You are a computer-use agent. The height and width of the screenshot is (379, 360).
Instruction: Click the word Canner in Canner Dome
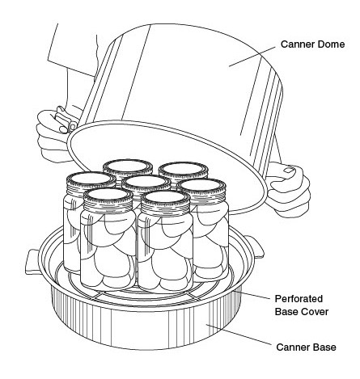tap(297, 44)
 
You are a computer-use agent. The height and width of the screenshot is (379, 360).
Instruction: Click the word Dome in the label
tap(331, 44)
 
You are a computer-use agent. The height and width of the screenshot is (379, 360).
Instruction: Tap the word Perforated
tap(299, 299)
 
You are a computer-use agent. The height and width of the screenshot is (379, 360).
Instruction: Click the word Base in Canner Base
tap(324, 347)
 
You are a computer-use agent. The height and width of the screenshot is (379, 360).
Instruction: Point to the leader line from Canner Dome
tap(252, 57)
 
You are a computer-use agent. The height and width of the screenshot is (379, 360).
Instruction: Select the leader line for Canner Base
tap(239, 335)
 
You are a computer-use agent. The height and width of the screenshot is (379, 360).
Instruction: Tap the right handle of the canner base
tap(256, 246)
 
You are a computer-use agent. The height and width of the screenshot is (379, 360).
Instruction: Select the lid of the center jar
tap(146, 183)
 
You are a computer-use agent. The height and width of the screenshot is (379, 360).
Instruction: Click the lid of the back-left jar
tap(128, 168)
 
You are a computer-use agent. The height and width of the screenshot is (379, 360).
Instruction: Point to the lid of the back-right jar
tap(184, 171)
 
